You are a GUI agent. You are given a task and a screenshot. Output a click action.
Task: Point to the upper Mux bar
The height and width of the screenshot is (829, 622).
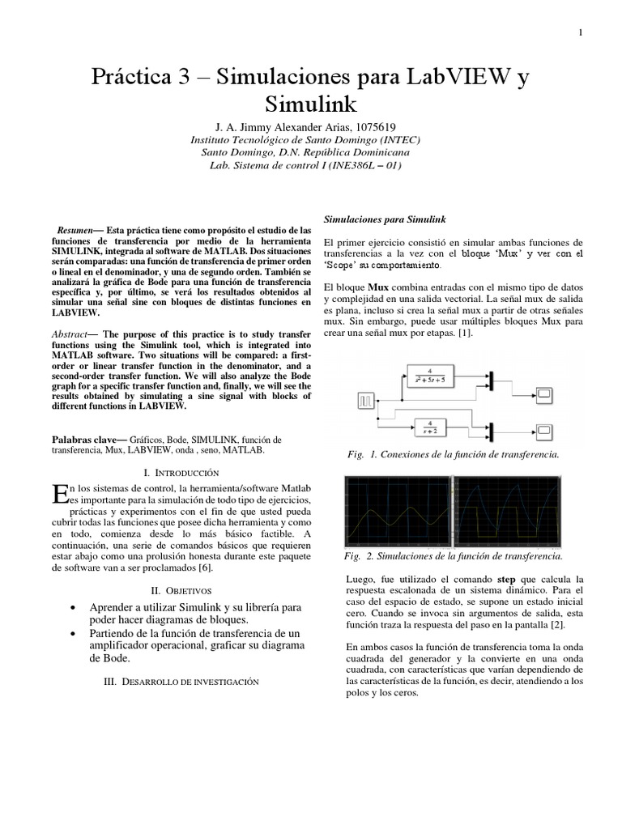point(491,376)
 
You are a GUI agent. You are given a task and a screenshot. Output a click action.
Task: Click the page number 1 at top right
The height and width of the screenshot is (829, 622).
point(581,32)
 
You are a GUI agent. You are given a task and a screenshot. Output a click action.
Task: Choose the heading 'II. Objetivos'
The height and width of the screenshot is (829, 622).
point(181,590)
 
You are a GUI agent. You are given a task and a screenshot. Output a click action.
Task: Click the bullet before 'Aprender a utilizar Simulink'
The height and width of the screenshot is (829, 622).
point(75,607)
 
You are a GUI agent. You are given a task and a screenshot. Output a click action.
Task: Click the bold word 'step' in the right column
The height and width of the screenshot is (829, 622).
point(506,580)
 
